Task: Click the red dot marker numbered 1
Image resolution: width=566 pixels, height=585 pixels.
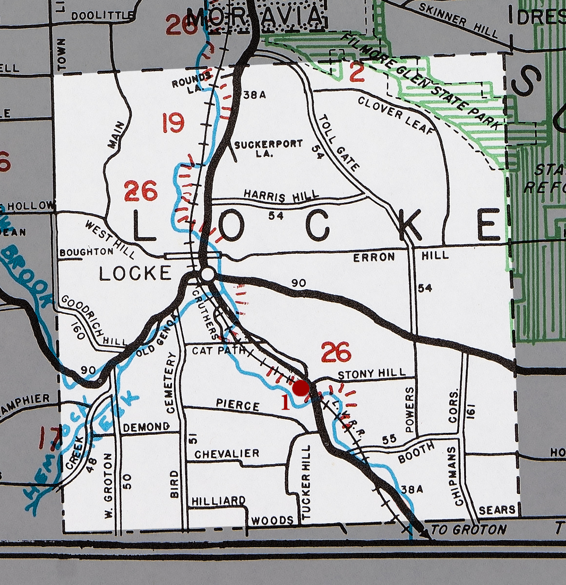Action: coord(301,388)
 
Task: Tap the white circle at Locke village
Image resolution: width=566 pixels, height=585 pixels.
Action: coord(207,274)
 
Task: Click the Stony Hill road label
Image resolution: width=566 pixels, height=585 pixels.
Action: coord(371,374)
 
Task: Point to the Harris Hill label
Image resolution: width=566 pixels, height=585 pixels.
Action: coord(281,195)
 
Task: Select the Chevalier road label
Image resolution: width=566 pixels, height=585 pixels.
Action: coord(227,454)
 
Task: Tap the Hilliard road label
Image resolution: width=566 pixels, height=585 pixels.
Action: coord(218,501)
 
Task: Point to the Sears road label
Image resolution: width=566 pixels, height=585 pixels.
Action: coord(497,510)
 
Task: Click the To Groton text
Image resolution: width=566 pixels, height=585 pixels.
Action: coord(468,529)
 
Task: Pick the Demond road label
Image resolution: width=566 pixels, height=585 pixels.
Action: coord(146,428)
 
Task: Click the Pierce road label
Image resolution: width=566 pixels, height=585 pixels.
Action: coord(238,405)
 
